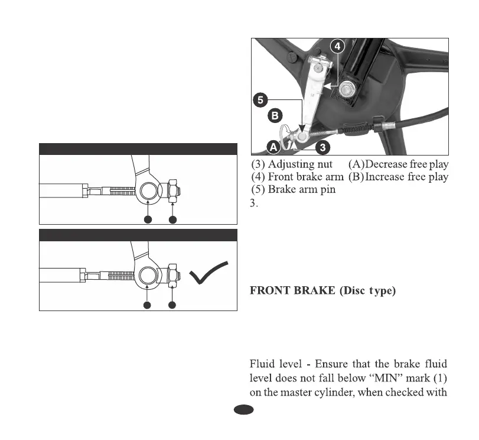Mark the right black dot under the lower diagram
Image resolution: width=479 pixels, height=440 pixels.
pos(172,305)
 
